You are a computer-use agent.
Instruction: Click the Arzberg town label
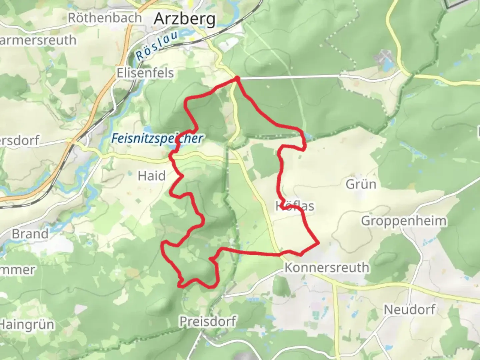[185, 19]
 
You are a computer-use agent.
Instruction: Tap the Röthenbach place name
[105, 18]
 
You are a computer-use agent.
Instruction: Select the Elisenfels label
[145, 73]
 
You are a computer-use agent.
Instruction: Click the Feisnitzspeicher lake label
[157, 138]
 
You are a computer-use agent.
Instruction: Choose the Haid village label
[152, 176]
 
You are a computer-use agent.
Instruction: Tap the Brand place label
[30, 234]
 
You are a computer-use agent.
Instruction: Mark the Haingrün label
[27, 324]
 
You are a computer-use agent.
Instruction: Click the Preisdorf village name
[208, 322]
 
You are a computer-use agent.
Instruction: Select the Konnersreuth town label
[327, 268]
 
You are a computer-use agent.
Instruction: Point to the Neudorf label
[409, 309]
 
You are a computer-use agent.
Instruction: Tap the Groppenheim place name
[404, 221]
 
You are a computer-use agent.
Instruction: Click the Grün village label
[361, 184]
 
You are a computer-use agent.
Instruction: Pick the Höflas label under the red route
[295, 206]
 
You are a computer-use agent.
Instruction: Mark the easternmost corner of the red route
[319, 243]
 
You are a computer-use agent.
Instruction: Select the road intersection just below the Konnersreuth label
[334, 283]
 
